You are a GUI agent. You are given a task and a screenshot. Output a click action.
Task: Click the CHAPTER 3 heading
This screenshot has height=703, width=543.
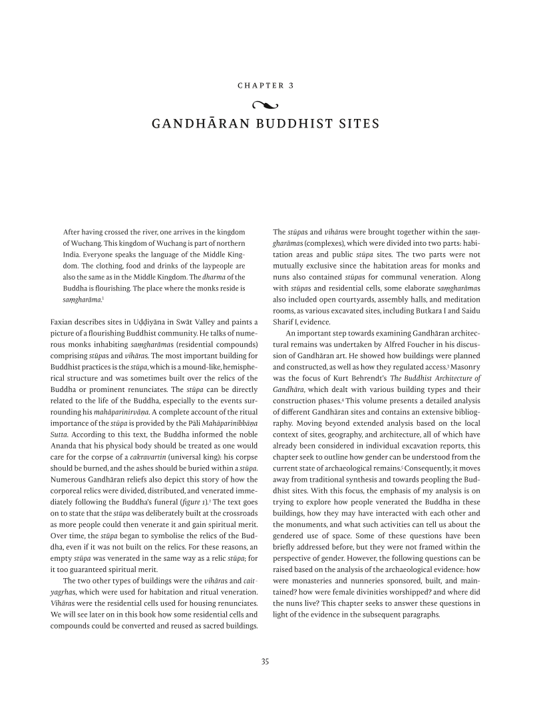click(x=266, y=86)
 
